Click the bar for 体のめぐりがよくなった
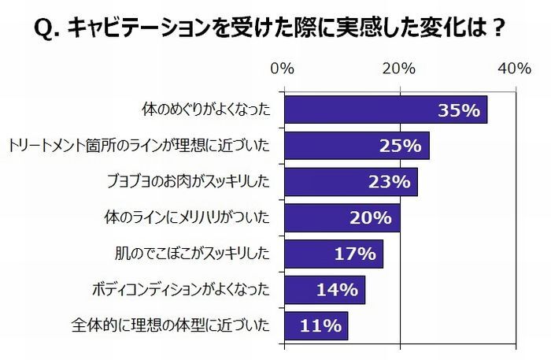[385, 110]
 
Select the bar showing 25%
[356, 146]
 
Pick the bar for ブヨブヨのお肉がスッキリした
[350, 182]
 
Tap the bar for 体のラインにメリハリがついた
[342, 218]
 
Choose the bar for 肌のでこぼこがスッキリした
[333, 254]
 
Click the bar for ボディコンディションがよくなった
[324, 290]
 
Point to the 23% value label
[389, 183]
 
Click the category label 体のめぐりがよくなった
[205, 110]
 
